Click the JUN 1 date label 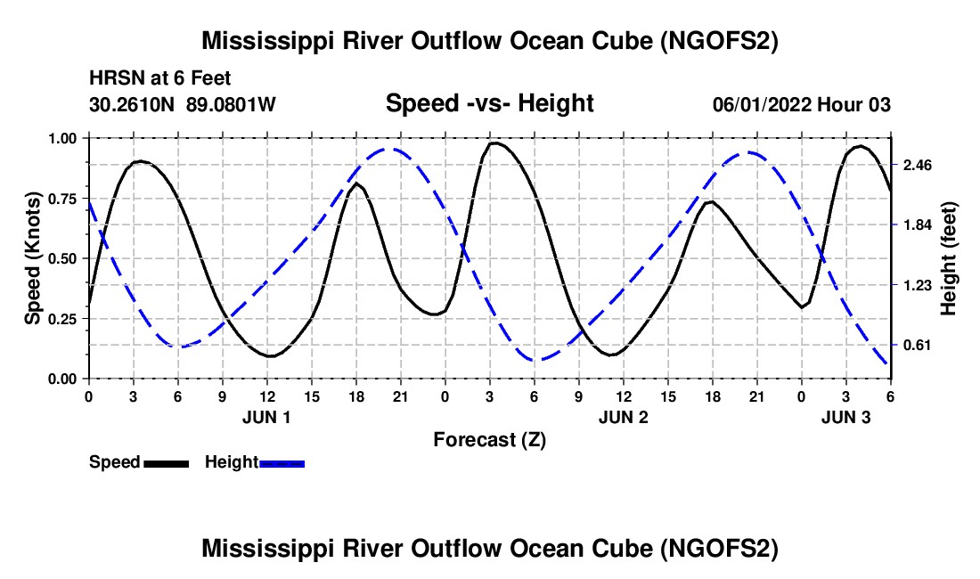[x=266, y=417]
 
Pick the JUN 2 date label [x=623, y=417]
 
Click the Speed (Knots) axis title [x=33, y=258]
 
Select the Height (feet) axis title [x=948, y=258]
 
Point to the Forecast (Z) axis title [x=489, y=439]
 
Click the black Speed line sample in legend [x=167, y=463]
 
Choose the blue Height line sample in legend [x=282, y=463]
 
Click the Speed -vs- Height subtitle [x=489, y=104]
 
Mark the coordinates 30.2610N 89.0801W [x=183, y=105]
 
